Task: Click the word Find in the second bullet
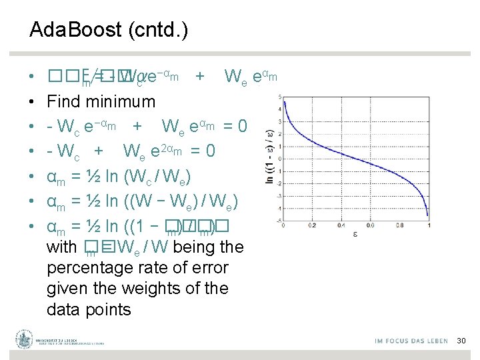click(63, 102)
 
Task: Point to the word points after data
click(109, 309)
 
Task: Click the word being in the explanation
click(198, 248)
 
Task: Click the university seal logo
click(25, 339)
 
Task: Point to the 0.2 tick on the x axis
click(313, 226)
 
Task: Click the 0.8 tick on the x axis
click(400, 226)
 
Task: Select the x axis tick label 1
click(429, 226)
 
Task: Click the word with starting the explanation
click(62, 248)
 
